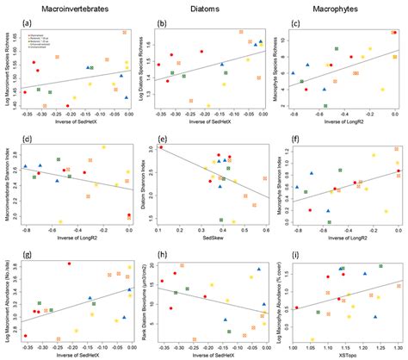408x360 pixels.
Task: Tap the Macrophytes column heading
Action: point(349,7)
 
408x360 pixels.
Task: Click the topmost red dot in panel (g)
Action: point(69,264)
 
